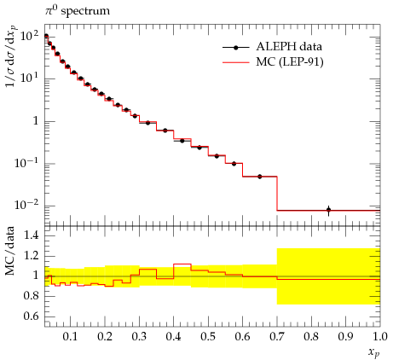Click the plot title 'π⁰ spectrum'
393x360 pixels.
coord(77,11)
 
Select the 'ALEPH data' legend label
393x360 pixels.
coord(289,46)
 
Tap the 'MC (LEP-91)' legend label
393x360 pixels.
coord(290,61)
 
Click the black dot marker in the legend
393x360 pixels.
coord(235,48)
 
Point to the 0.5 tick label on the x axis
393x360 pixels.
coord(208,337)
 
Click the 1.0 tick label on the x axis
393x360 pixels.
coord(379,337)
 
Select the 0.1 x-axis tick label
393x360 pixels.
coord(70,337)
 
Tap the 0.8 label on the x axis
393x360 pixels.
coord(311,337)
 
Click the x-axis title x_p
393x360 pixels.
coord(374,352)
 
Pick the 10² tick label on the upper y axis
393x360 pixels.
coord(30,36)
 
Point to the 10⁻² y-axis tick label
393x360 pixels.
coord(26,205)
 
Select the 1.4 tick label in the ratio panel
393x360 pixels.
coord(31,235)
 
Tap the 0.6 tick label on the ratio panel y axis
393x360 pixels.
coord(31,316)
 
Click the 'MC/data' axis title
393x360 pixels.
coord(10,251)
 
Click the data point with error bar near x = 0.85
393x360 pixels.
coord(328,211)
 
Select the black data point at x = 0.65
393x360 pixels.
coord(260,177)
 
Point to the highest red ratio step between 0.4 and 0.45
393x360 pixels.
coord(182,264)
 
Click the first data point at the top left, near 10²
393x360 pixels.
coord(46,36)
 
